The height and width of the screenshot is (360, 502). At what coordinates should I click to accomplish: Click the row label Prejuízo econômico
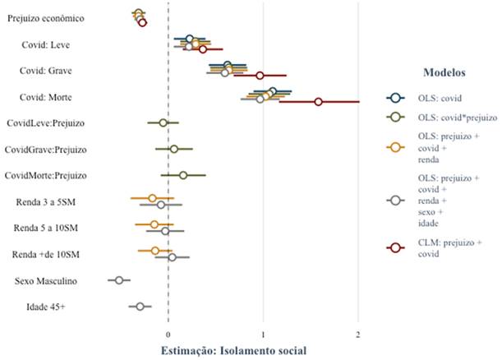55,17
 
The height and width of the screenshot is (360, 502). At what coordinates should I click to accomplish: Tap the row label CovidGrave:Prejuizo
46,150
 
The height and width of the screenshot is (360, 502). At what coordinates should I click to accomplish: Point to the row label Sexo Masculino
46,281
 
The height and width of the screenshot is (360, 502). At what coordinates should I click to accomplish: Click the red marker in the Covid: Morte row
318,102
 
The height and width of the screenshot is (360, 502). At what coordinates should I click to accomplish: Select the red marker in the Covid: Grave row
260,76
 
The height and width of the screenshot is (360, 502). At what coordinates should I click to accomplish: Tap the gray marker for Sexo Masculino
119,280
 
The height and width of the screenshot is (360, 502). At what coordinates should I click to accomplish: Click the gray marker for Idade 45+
140,307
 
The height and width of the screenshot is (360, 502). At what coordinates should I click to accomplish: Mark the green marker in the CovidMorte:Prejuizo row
183,175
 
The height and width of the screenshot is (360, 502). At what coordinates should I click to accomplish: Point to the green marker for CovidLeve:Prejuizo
163,122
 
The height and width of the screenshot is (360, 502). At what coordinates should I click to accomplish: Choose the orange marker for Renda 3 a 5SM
152,198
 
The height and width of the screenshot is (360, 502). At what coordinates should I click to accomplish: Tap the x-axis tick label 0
168,335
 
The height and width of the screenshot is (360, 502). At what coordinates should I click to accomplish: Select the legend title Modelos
444,72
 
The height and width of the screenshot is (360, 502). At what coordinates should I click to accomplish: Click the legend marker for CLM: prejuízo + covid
394,247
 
